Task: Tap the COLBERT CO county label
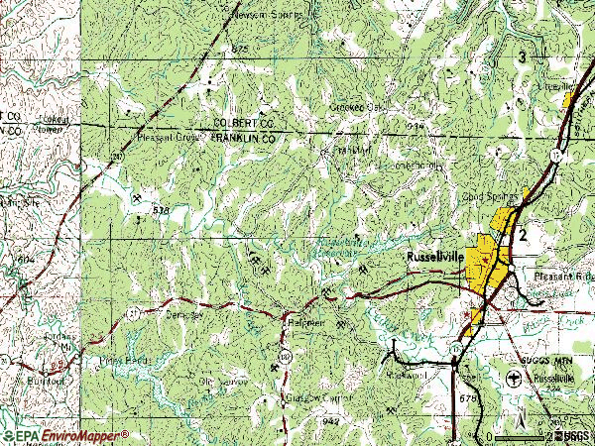242,122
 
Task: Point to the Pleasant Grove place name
169,139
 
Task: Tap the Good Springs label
490,196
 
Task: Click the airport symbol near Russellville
513,380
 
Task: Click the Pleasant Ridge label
562,278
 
